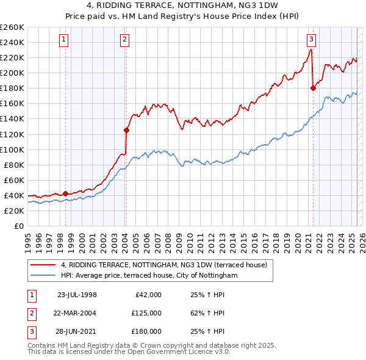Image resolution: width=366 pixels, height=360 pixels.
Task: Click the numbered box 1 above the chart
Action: [64, 40]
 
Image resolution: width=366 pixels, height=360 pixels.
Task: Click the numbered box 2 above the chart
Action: [124, 40]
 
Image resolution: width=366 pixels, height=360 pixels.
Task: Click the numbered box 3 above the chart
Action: [311, 40]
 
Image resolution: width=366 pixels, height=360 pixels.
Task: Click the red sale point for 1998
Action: [65, 193]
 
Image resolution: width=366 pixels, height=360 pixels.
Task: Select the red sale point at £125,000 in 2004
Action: [126, 130]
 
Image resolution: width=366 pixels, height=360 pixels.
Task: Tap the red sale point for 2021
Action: [313, 88]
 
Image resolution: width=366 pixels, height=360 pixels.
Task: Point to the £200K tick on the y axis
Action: [13, 73]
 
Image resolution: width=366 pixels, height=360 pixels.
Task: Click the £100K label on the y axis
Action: [13, 149]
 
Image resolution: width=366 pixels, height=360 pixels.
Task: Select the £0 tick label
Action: [19, 226]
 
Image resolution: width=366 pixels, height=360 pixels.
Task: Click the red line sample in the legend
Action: [43, 265]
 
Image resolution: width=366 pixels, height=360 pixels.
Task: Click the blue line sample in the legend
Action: [43, 276]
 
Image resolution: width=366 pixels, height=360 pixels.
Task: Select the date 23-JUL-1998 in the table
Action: [77, 295]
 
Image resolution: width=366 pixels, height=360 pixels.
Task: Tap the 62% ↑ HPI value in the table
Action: [207, 313]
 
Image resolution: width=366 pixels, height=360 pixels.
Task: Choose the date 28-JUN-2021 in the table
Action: [77, 331]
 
